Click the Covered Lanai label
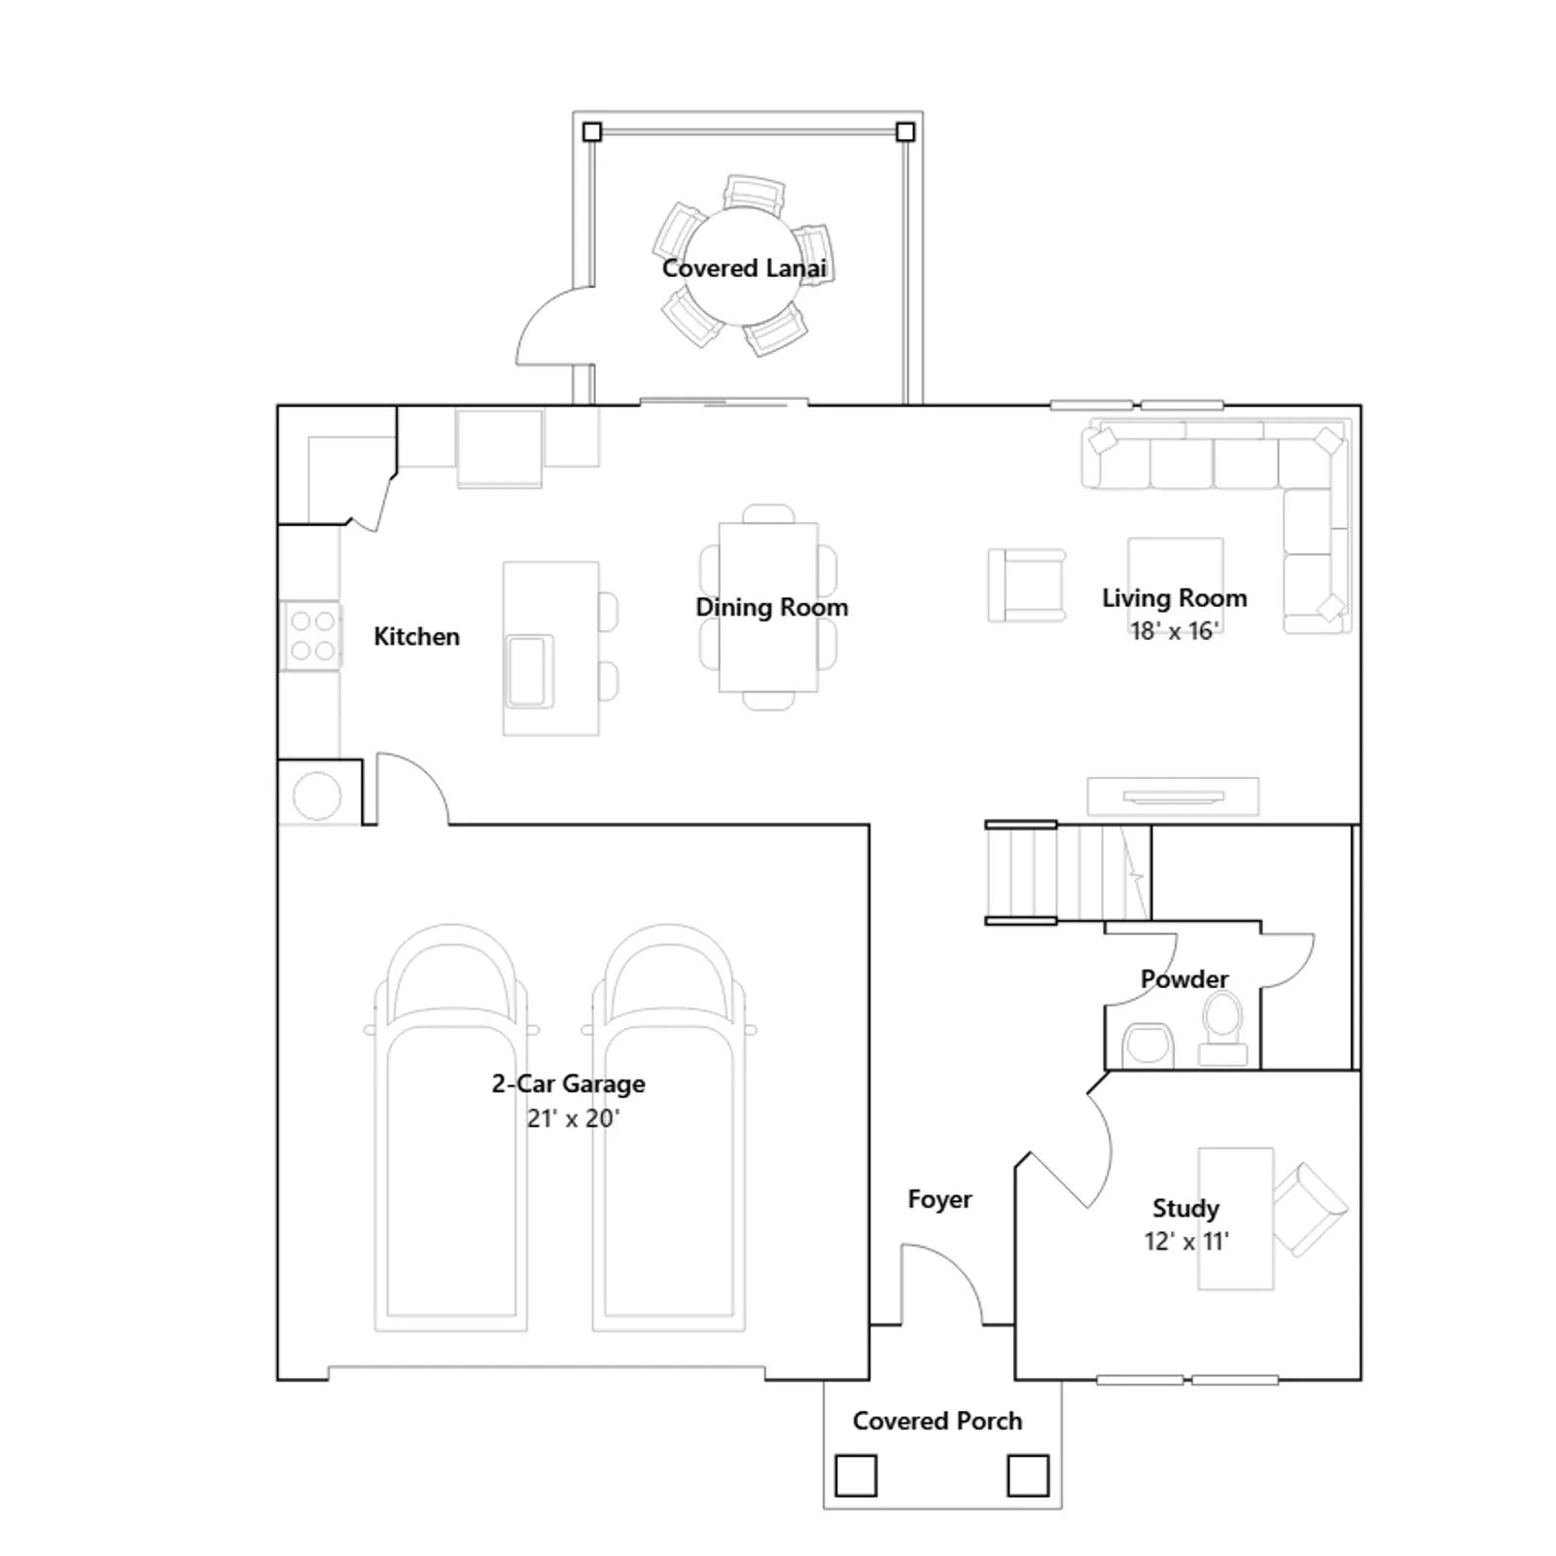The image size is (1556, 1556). tap(744, 268)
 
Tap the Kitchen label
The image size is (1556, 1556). tap(416, 637)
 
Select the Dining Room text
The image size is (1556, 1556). tap(771, 608)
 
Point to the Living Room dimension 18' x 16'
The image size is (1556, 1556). tap(1174, 631)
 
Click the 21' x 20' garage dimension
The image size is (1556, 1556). tap(573, 1118)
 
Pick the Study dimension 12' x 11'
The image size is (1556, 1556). tap(1186, 1241)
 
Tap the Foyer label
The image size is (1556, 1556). tap(939, 1200)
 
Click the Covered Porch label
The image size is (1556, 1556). tap(937, 1421)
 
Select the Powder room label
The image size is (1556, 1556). tap(1185, 979)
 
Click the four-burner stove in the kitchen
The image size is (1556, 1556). tap(311, 636)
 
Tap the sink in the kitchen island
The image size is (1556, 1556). tap(529, 670)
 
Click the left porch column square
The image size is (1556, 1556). tap(856, 1475)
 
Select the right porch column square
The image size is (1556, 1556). tap(1028, 1475)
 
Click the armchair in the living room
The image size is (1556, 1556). tap(1027, 585)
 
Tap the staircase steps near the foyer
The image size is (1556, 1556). tap(1068, 872)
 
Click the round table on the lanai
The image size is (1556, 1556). tap(743, 265)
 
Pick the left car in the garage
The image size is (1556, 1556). tap(451, 1128)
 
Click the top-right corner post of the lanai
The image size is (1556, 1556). tap(905, 131)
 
